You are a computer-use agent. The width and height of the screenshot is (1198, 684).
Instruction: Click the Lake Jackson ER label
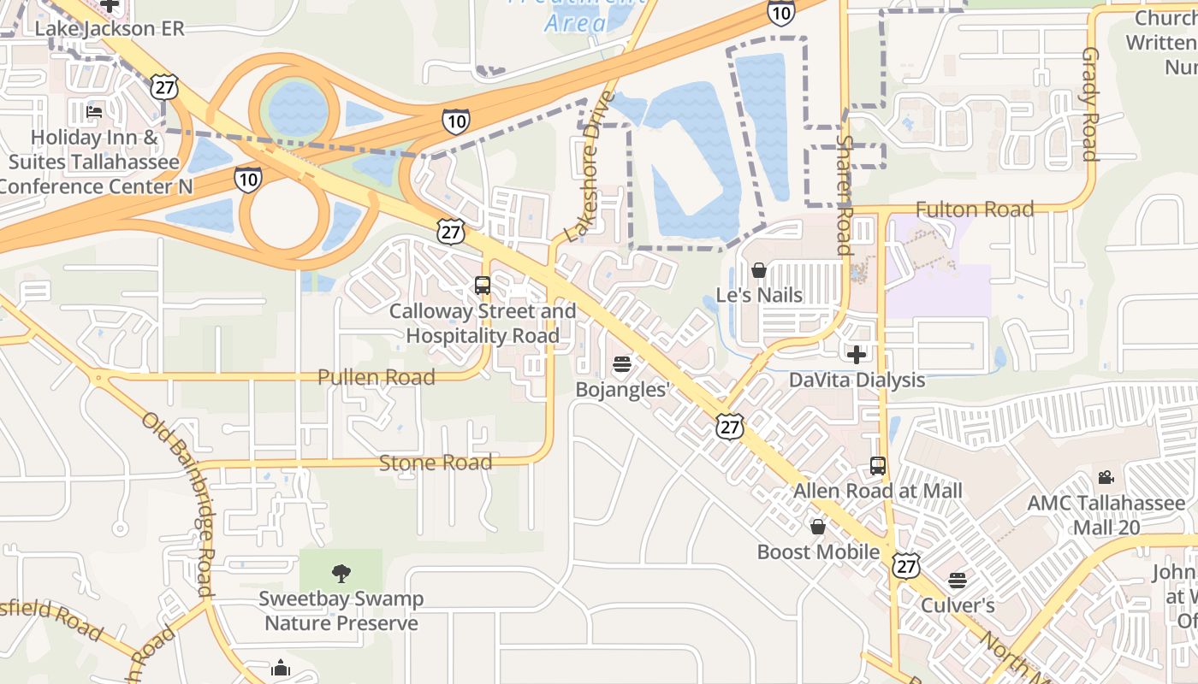click(x=109, y=28)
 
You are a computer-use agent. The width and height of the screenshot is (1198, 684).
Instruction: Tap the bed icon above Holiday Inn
click(x=94, y=111)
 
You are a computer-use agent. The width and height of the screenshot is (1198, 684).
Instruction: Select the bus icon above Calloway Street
click(x=483, y=286)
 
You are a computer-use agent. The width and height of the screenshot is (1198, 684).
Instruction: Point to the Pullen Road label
click(x=376, y=377)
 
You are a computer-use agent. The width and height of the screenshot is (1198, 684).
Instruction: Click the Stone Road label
click(x=436, y=463)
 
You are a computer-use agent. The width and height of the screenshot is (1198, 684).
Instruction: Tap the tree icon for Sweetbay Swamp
click(x=341, y=573)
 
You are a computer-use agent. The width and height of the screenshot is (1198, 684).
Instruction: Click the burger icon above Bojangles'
click(x=621, y=364)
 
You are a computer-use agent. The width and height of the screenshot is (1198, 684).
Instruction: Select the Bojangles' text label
click(x=621, y=390)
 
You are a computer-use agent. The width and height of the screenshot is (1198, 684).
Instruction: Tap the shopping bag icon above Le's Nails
click(x=759, y=270)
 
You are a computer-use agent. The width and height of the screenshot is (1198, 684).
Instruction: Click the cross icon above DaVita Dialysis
click(x=856, y=354)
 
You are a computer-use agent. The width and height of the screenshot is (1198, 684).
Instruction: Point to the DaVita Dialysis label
click(x=857, y=380)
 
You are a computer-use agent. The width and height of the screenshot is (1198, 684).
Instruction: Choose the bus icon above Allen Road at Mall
click(x=877, y=466)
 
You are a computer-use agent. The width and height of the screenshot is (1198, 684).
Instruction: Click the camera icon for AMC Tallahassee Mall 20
click(x=1106, y=478)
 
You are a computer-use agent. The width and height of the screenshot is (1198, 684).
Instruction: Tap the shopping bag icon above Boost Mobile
click(x=818, y=527)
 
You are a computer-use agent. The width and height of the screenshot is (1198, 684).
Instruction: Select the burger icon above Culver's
click(x=957, y=581)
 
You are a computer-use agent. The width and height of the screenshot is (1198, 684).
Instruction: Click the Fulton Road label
click(x=975, y=209)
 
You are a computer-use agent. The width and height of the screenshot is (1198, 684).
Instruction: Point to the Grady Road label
click(x=1089, y=103)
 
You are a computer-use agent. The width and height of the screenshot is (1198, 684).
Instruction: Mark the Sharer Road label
click(x=845, y=195)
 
